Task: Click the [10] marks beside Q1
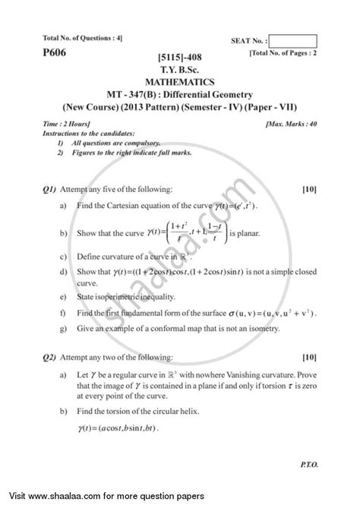click(x=309, y=188)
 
